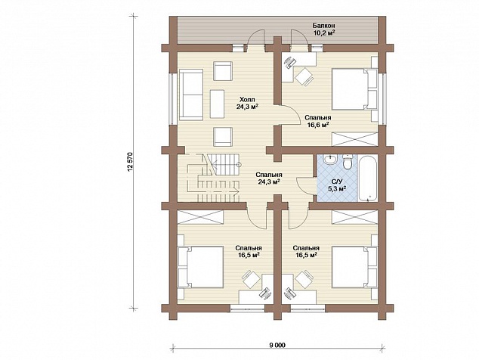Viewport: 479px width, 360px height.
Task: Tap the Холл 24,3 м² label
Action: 247,103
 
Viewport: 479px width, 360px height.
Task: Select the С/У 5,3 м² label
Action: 337,185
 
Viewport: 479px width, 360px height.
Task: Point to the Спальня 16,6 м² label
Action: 318,121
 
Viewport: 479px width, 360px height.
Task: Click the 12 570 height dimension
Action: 131,161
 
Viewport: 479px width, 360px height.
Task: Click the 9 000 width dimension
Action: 277,345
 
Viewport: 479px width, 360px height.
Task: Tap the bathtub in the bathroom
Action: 367,178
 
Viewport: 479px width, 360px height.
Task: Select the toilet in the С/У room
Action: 348,162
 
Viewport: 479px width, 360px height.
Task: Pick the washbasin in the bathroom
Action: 329,160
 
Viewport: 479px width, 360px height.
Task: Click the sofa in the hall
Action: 191,95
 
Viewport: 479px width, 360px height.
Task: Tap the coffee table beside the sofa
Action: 217,104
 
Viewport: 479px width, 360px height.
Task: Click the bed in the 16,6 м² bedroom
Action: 352,89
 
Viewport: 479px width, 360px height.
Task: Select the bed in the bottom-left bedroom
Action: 202,267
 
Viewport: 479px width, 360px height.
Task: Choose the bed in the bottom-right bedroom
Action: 354,267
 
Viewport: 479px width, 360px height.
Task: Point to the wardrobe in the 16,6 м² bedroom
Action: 354,139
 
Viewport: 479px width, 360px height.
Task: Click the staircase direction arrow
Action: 217,191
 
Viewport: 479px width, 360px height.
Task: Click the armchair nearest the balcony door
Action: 223,71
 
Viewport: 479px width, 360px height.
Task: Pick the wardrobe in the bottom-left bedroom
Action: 201,217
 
